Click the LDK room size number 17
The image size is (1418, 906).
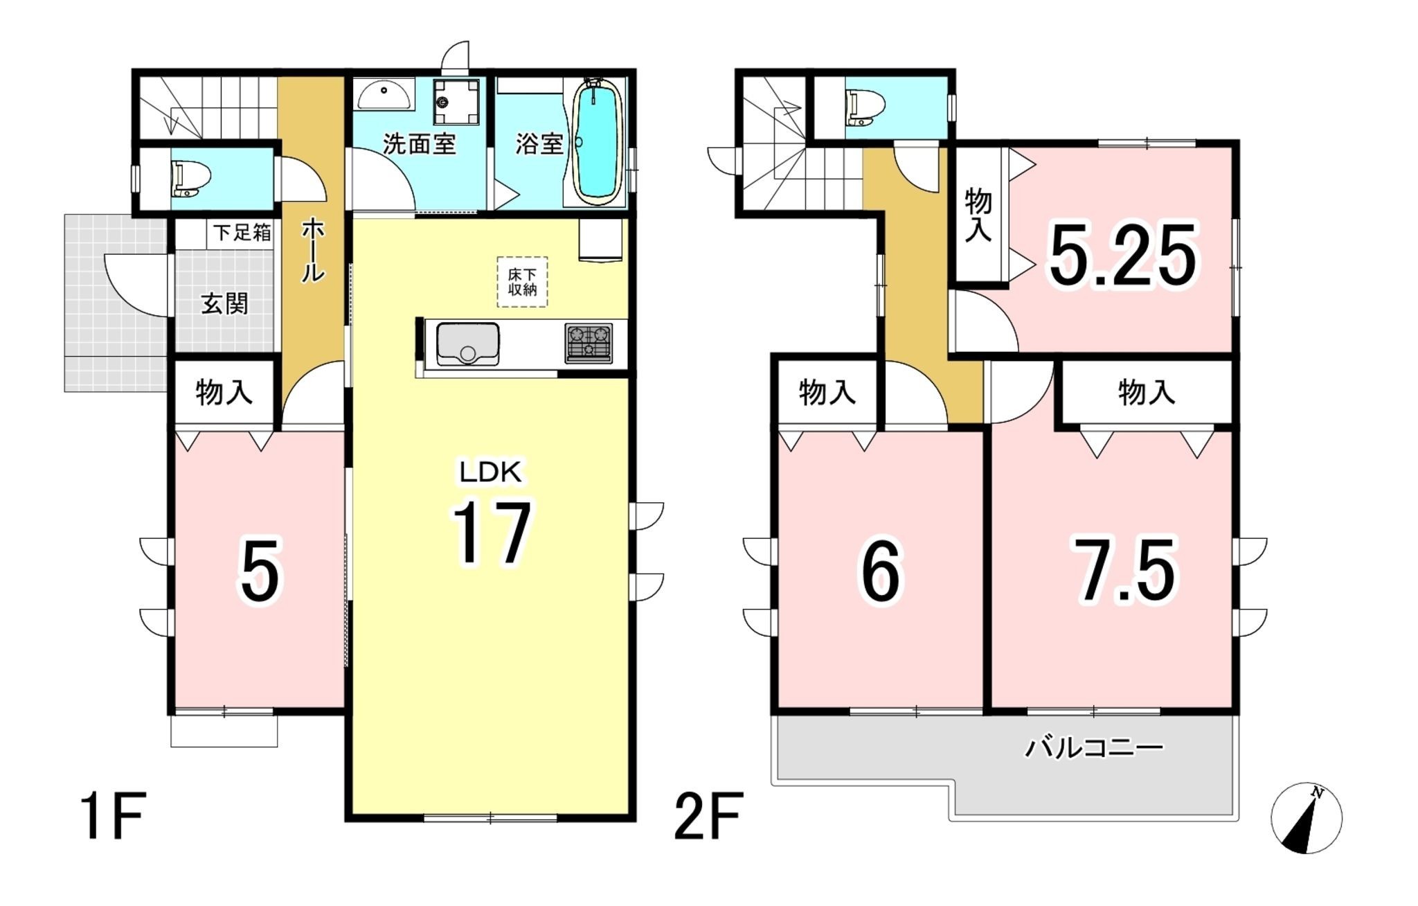pyautogui.click(x=492, y=533)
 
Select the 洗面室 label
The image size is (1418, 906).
pyautogui.click(x=420, y=144)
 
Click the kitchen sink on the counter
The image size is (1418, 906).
pyautogui.click(x=468, y=344)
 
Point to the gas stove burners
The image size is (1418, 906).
pyautogui.click(x=589, y=344)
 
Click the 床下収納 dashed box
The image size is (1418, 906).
pyautogui.click(x=523, y=282)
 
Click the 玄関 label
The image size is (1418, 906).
pyautogui.click(x=224, y=303)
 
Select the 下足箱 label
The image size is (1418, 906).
pyautogui.click(x=242, y=232)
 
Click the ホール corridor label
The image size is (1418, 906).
pyautogui.click(x=313, y=249)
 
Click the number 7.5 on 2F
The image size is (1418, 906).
pyautogui.click(x=1124, y=570)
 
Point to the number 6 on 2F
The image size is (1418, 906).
pyautogui.click(x=881, y=571)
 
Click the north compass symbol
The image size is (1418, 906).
pyautogui.click(x=1307, y=818)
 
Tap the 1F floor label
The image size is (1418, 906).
pyautogui.click(x=113, y=817)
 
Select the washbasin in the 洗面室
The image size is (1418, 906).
pyautogui.click(x=384, y=95)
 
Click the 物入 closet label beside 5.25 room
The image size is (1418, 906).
pyautogui.click(x=978, y=215)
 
